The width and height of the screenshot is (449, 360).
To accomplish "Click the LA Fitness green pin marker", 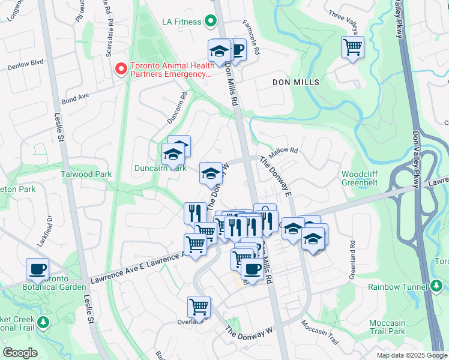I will (x=210, y=22).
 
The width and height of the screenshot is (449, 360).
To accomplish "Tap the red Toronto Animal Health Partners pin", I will (x=121, y=70).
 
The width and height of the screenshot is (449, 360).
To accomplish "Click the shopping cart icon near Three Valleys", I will (x=352, y=46).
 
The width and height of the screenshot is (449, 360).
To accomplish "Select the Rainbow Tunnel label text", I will (x=396, y=287).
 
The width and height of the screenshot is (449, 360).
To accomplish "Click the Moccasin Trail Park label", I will (x=387, y=327).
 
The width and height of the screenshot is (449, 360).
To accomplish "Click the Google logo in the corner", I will (x=20, y=353).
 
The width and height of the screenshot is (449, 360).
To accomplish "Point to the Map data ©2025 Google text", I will (x=411, y=355).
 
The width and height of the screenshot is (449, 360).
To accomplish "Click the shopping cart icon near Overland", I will (x=199, y=306).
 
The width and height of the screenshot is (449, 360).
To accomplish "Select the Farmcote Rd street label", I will (x=252, y=36).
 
